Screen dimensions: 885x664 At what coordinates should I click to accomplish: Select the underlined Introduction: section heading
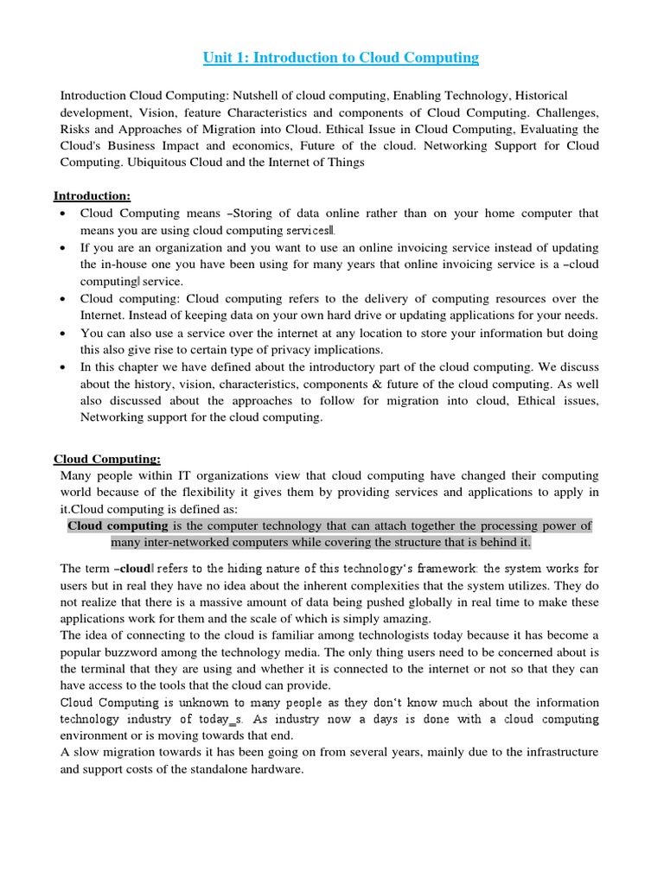(x=93, y=195)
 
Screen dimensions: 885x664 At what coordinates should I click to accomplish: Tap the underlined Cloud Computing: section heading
(x=107, y=459)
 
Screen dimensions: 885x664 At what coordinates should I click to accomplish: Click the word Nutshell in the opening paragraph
(x=274, y=95)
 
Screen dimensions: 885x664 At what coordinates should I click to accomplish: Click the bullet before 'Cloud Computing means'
(x=66, y=213)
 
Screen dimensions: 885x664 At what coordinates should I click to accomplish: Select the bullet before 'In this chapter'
(x=66, y=367)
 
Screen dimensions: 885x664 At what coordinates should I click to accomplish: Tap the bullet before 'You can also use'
(x=66, y=333)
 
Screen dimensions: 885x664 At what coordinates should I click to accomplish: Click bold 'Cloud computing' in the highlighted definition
(x=118, y=525)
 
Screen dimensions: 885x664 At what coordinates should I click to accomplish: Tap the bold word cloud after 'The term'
(x=135, y=569)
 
